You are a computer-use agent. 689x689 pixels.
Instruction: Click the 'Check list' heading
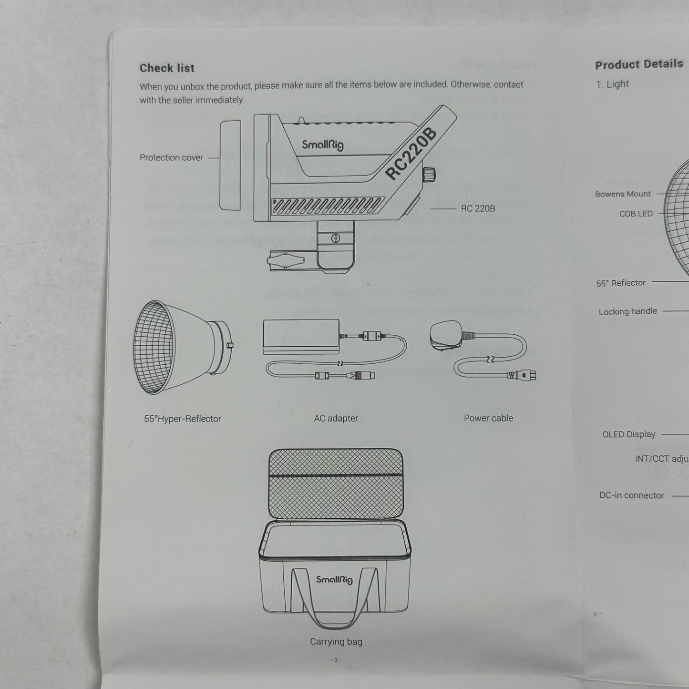pyautogui.click(x=167, y=68)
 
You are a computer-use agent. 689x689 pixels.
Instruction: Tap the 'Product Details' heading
pyautogui.click(x=638, y=64)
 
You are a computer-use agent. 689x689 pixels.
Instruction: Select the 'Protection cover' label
pyautogui.click(x=171, y=157)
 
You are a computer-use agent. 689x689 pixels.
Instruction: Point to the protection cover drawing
pyautogui.click(x=230, y=165)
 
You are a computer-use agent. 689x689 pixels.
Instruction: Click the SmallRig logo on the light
pyautogui.click(x=323, y=144)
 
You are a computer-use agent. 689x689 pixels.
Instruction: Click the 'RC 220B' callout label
pyautogui.click(x=478, y=208)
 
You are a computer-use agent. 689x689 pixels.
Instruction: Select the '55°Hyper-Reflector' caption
pyautogui.click(x=183, y=419)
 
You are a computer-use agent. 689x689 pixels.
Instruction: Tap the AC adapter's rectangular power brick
pyautogui.click(x=301, y=336)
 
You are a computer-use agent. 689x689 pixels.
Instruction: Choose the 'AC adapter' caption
pyautogui.click(x=336, y=418)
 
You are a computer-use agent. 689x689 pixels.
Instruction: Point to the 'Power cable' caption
pyautogui.click(x=488, y=418)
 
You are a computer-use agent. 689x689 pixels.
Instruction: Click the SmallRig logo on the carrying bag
pyautogui.click(x=334, y=579)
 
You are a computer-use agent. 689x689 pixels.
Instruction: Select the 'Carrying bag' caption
pyautogui.click(x=336, y=641)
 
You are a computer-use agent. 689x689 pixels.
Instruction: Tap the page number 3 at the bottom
pyautogui.click(x=336, y=660)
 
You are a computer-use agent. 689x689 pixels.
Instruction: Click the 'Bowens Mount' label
pyautogui.click(x=623, y=194)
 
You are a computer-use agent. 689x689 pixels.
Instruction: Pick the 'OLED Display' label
pyautogui.click(x=628, y=434)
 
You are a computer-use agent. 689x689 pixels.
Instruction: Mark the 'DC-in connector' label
pyautogui.click(x=631, y=495)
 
